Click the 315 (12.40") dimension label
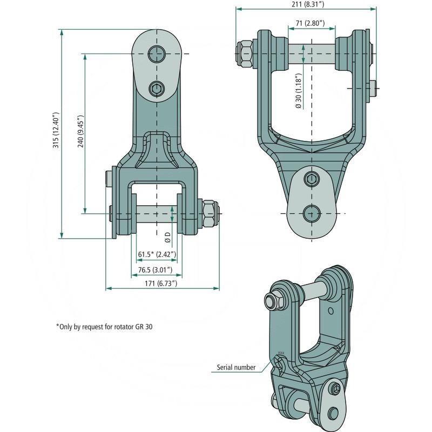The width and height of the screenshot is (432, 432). click(x=56, y=130)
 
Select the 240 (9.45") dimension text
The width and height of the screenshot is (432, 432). click(x=80, y=131)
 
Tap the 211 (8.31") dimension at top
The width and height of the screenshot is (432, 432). click(x=307, y=4)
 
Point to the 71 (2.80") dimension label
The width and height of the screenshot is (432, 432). click(x=310, y=23)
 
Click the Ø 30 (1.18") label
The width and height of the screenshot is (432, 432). click(x=299, y=91)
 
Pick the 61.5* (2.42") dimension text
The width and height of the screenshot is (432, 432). click(x=157, y=254)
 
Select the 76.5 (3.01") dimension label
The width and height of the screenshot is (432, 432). click(x=156, y=269)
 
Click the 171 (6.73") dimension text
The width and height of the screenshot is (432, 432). click(x=161, y=283)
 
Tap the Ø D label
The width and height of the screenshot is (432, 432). click(x=168, y=237)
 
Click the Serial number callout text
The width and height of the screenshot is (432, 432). click(x=236, y=367)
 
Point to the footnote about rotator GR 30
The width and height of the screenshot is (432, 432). click(x=104, y=327)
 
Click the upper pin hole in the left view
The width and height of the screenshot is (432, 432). click(x=157, y=53)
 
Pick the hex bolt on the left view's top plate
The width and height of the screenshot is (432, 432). click(x=157, y=89)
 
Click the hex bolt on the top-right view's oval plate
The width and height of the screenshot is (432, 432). click(x=312, y=179)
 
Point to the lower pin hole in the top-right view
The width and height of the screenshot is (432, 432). click(x=312, y=213)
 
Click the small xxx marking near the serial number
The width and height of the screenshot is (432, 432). click(x=281, y=353)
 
